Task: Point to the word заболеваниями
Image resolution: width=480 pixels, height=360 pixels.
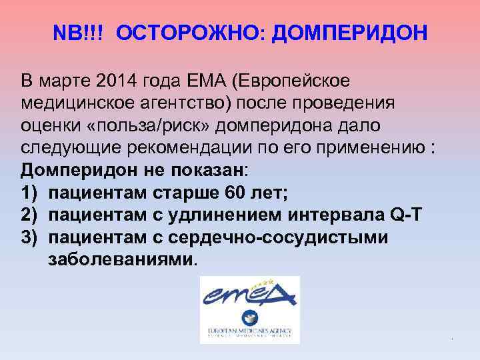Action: point(123,260)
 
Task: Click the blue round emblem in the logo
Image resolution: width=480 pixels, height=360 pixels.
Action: point(251,318)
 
